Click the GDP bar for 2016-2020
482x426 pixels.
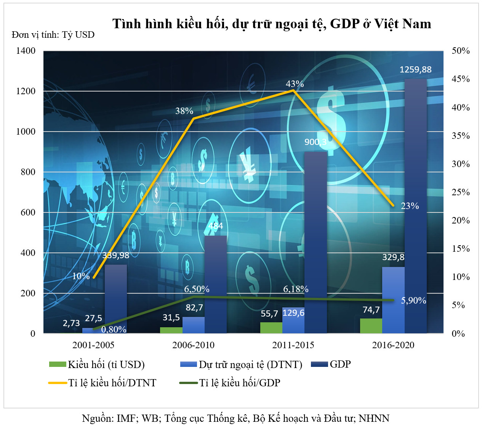pyautogui.click(x=415, y=206)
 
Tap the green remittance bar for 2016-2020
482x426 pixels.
pyautogui.click(x=371, y=326)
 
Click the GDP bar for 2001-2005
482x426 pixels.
pyautogui.click(x=116, y=299)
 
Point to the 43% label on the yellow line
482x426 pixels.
pyautogui.click(x=295, y=84)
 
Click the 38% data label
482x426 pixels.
pyautogui.click(x=184, y=111)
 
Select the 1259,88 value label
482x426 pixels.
pyautogui.click(x=415, y=69)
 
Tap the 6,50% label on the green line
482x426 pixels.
pyautogui.click(x=197, y=289)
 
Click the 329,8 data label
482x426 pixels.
pyautogui.click(x=393, y=257)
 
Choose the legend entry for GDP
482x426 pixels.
pyautogui.click(x=340, y=364)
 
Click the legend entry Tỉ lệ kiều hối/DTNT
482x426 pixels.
pyautogui.click(x=112, y=383)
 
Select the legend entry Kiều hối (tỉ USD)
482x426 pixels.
pyautogui.click(x=106, y=365)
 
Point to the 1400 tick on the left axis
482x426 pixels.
pyautogui.click(x=26, y=51)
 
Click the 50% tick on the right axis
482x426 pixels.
pyautogui.click(x=460, y=51)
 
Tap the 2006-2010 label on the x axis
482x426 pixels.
pyautogui.click(x=193, y=345)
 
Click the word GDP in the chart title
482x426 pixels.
pyautogui.click(x=345, y=24)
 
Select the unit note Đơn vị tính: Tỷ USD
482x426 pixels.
pyautogui.click(x=53, y=35)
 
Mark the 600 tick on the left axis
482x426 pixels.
pyautogui.click(x=28, y=212)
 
